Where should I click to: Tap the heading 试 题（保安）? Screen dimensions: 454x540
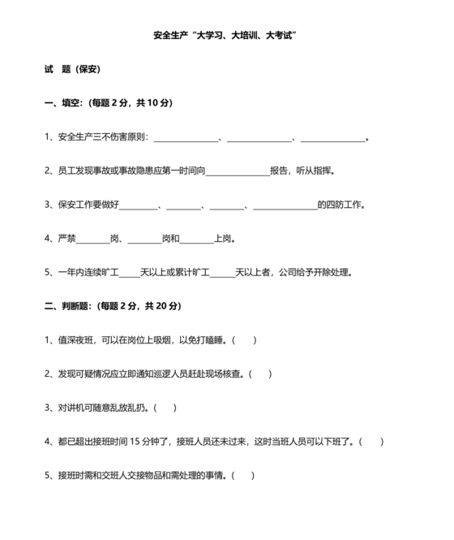pos(72,70)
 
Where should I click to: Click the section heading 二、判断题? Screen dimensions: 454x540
pos(70,306)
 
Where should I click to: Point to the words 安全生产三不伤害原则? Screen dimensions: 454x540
pos(102,137)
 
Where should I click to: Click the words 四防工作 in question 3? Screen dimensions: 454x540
pos(340,205)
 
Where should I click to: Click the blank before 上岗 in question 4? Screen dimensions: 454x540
pos(196,240)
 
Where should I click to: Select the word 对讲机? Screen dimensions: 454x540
pos(71,408)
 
